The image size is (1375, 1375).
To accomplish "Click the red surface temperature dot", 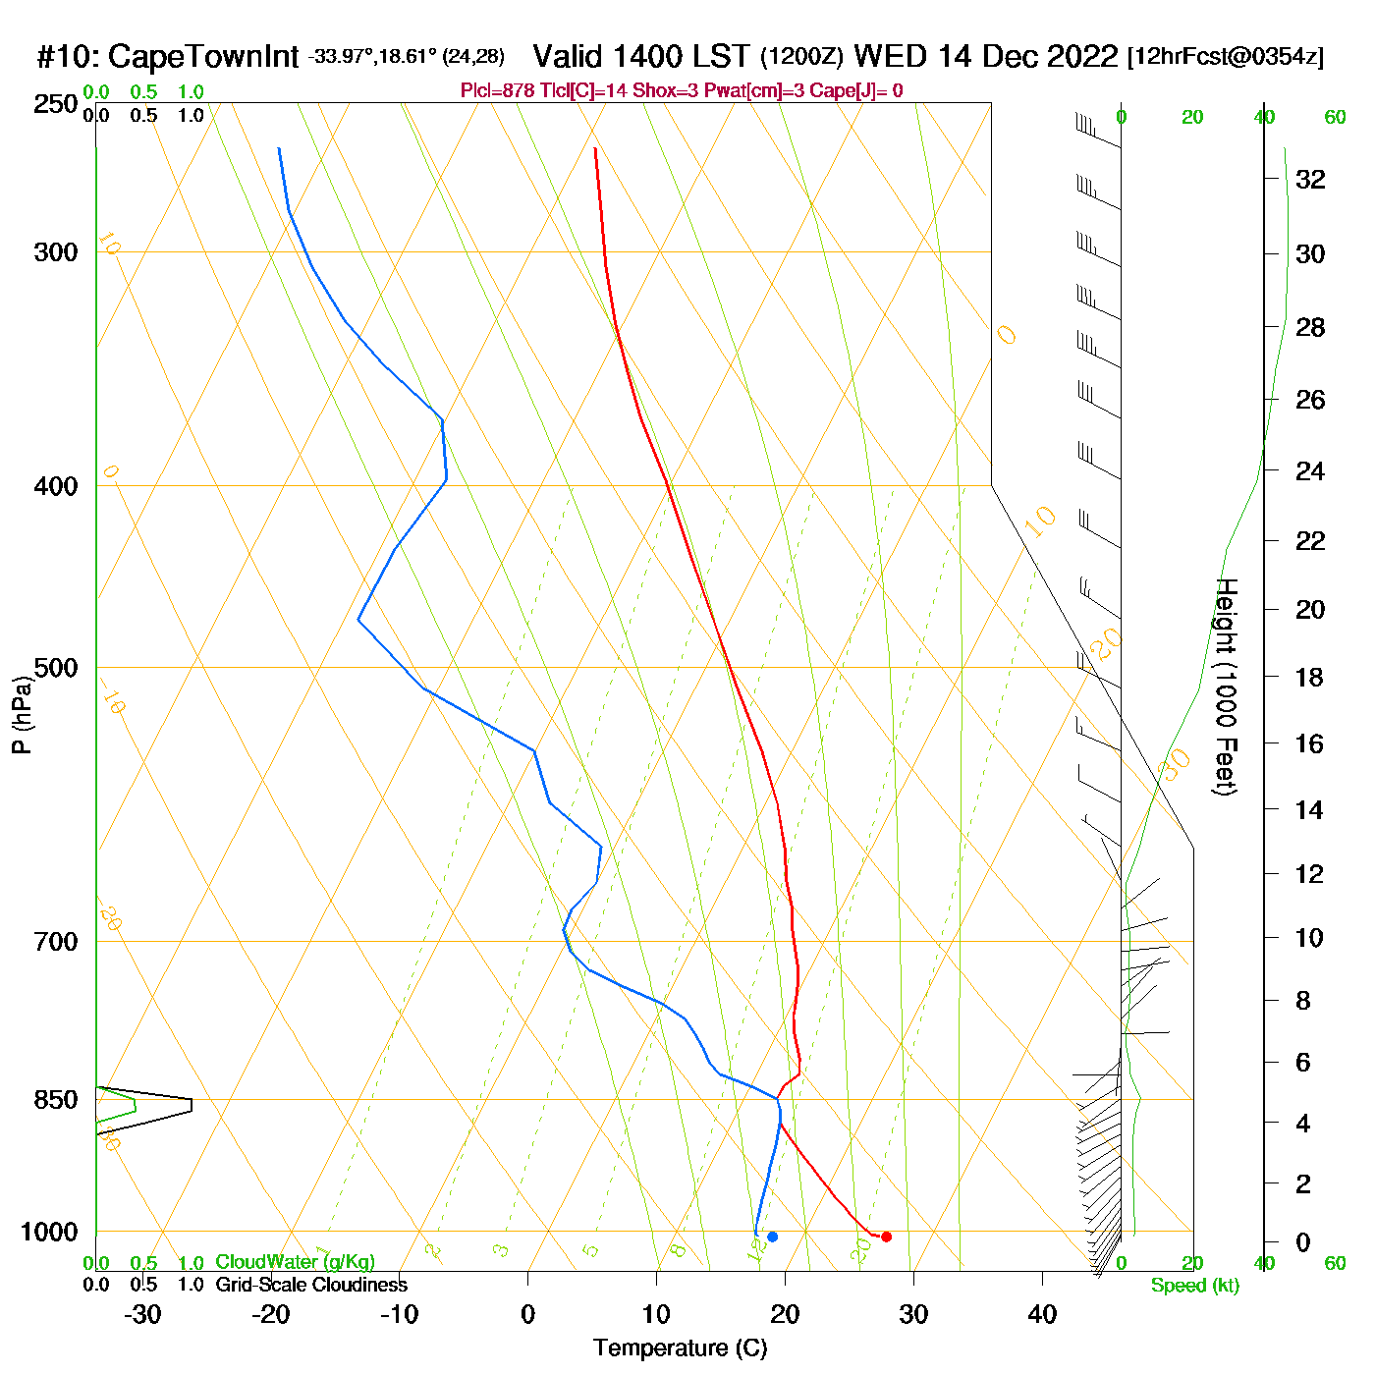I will (x=886, y=1237).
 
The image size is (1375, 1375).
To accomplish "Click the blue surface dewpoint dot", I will (x=772, y=1237).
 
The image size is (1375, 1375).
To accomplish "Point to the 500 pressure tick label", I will (x=56, y=668).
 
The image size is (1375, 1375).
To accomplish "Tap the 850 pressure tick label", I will (x=56, y=1100).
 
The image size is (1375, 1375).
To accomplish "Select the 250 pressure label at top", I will (x=56, y=104).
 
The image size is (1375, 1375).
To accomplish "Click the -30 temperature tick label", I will (x=142, y=1314).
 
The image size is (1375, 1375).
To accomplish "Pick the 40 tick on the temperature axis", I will (x=1042, y=1314).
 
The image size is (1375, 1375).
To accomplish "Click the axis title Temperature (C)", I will (x=680, y=1348).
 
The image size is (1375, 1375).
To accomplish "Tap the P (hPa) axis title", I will (x=22, y=714).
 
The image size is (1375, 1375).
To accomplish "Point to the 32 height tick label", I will (x=1310, y=179).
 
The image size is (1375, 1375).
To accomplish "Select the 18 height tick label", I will (x=1310, y=677).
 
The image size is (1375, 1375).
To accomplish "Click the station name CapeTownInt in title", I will (x=202, y=57).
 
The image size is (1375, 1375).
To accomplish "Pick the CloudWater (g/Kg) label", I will (x=295, y=1262).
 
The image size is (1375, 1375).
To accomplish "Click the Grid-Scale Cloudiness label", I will (x=311, y=1285).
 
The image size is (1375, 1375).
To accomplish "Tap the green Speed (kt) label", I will (x=1195, y=1286).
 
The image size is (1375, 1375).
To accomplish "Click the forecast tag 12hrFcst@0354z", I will (x=1226, y=57).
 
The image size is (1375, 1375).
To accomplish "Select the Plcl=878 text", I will (x=497, y=91).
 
